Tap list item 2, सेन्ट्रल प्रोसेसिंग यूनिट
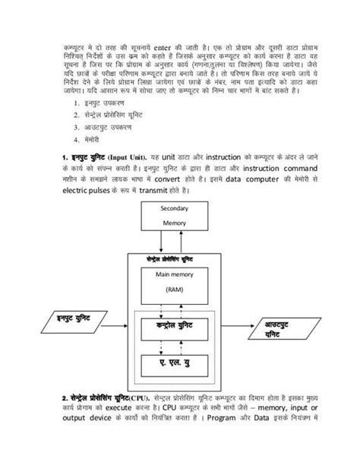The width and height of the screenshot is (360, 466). tap(111, 115)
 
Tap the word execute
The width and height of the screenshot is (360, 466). tap(124, 408)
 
